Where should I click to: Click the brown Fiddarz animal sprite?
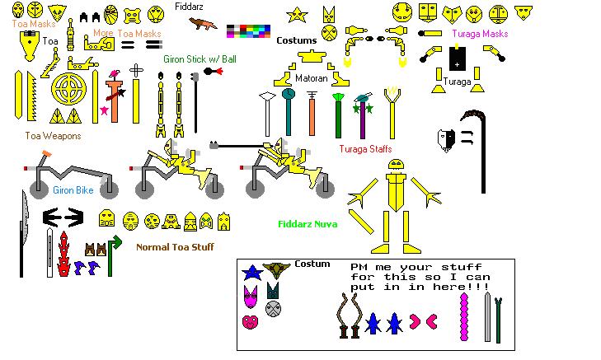click(202, 23)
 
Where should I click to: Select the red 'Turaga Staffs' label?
click(364, 148)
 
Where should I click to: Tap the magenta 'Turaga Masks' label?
click(480, 34)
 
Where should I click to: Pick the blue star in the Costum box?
click(251, 272)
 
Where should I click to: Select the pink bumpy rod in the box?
click(462, 313)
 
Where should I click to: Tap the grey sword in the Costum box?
click(486, 317)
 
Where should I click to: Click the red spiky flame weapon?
click(63, 255)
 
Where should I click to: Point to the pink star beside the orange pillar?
click(104, 110)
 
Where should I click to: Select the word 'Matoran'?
click(312, 78)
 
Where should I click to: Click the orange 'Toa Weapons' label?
click(53, 136)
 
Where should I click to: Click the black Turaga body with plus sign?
click(457, 61)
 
